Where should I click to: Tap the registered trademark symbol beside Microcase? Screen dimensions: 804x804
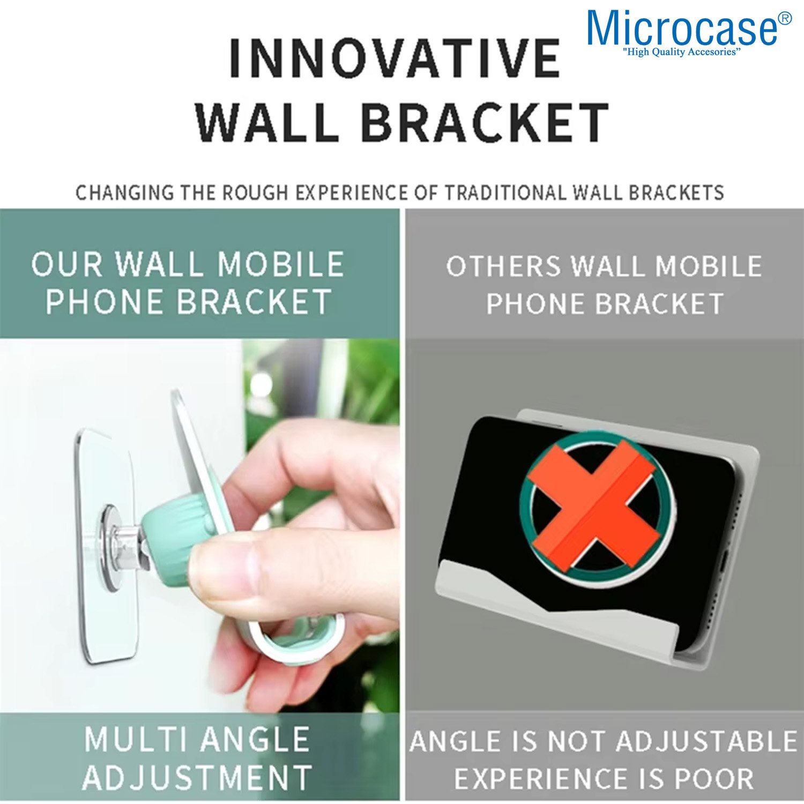pyautogui.click(x=784, y=19)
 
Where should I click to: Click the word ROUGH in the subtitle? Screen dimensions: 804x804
pyautogui.click(x=256, y=192)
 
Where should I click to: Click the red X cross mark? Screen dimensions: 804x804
pyautogui.click(x=594, y=505)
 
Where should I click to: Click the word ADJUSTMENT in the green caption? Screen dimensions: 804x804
pyautogui.click(x=197, y=777)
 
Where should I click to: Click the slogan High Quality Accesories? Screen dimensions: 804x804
pyautogui.click(x=682, y=52)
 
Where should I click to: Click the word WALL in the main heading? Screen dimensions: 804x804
pyautogui.click(x=267, y=123)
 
